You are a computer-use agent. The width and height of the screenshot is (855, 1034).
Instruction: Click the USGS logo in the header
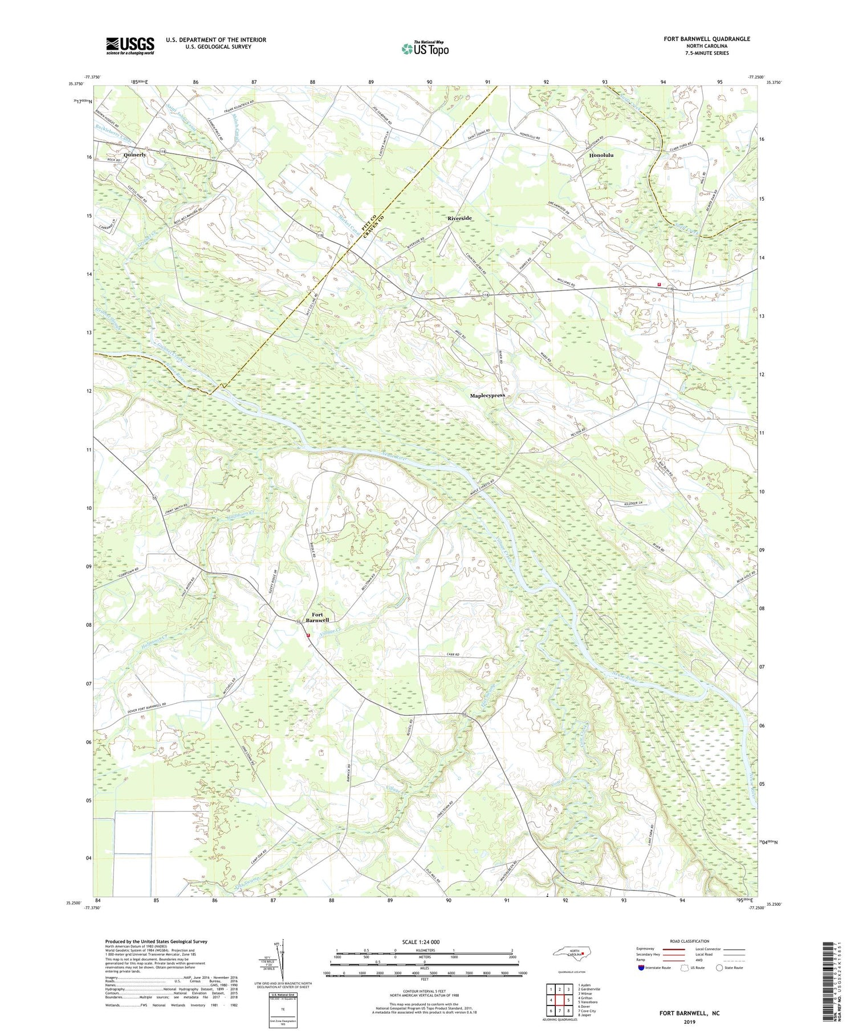130,46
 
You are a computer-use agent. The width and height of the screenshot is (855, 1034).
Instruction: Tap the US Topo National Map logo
425,48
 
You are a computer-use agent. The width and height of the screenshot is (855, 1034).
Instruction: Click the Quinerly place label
135,155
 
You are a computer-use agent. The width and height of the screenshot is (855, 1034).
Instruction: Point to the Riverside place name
459,218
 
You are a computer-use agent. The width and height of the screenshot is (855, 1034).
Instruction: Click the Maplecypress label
487,395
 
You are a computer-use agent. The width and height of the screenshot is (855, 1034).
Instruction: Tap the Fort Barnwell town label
317,617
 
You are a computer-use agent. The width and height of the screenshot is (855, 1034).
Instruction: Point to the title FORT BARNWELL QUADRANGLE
706,39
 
